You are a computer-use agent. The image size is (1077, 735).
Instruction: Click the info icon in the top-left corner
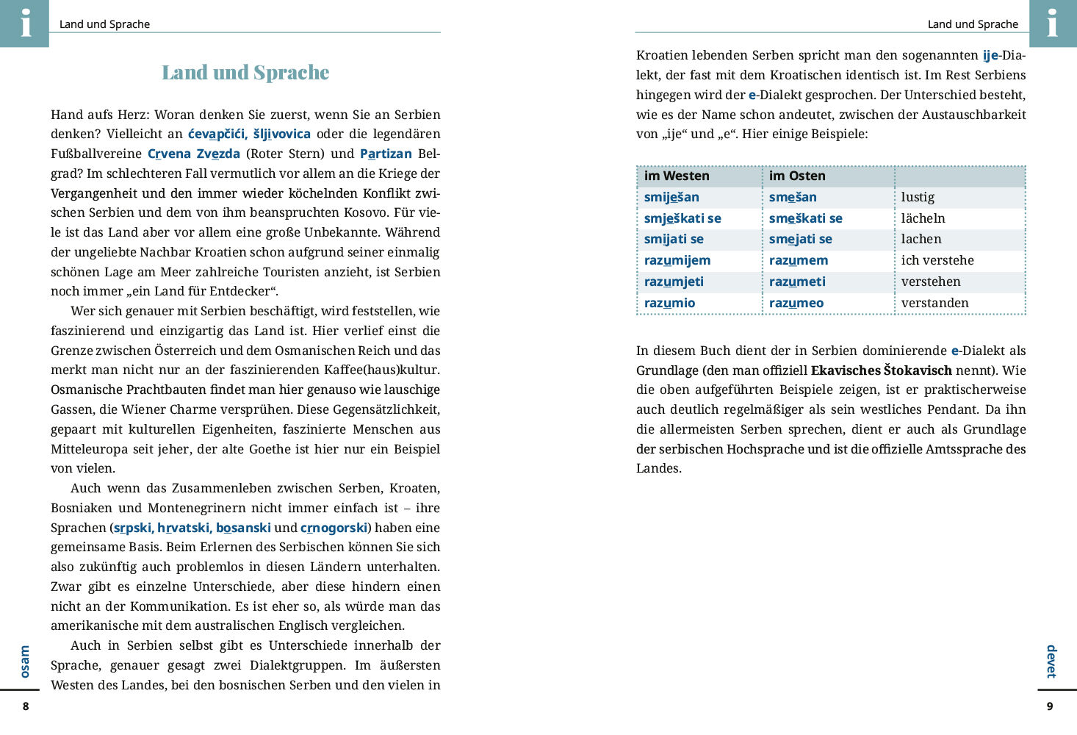click(x=25, y=23)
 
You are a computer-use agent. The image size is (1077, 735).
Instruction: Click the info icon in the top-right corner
click(x=1052, y=23)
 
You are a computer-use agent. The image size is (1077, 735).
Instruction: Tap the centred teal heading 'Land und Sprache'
click(x=245, y=73)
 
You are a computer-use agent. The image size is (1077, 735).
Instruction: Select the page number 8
click(x=26, y=706)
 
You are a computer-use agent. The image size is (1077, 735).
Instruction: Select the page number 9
click(x=1049, y=706)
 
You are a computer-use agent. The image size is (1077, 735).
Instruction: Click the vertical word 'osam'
click(x=25, y=661)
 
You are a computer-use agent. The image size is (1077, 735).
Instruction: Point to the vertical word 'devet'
click(x=1051, y=661)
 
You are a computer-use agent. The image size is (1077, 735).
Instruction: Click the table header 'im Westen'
click(x=677, y=176)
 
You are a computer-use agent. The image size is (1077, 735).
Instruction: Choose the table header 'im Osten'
click(x=797, y=176)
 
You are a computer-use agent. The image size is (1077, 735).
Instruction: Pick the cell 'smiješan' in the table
click(x=671, y=197)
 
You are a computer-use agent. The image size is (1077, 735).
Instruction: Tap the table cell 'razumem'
click(x=799, y=260)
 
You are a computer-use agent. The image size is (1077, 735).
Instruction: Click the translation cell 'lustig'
click(x=918, y=197)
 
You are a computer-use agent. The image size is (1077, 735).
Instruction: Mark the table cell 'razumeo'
click(x=796, y=303)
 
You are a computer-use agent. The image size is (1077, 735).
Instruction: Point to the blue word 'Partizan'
click(x=386, y=154)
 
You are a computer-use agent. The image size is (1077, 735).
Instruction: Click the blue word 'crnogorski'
click(x=334, y=528)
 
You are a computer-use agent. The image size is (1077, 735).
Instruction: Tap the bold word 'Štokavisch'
click(x=918, y=370)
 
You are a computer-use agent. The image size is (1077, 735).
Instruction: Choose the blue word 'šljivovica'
click(x=282, y=134)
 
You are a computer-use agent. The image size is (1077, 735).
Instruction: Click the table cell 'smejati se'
click(x=801, y=239)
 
